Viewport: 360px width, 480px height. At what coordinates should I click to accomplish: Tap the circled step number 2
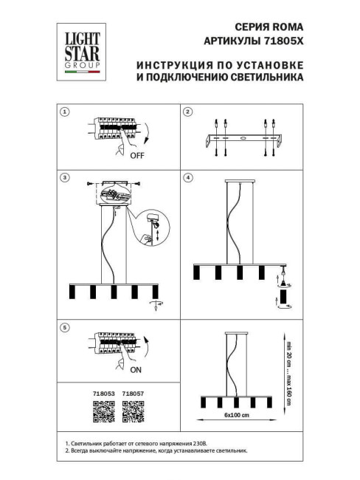187,112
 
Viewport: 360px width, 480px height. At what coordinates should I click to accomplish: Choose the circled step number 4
187,178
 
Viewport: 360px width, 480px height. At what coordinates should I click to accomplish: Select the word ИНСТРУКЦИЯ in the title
174,64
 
